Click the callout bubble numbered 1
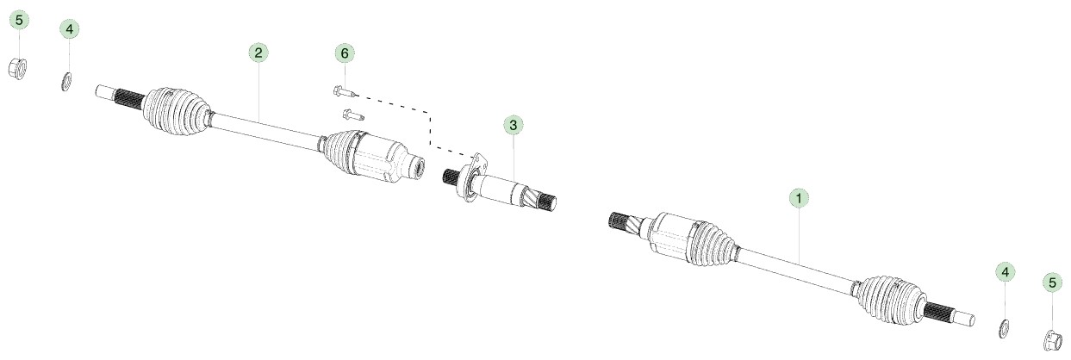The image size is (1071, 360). pos(799,197)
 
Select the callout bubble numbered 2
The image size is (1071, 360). pos(258,53)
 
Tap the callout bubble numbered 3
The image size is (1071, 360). pos(513,125)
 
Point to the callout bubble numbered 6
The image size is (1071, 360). pos(345,53)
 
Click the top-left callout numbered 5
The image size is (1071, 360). pos(19,20)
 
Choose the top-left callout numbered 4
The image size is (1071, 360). pos(69,29)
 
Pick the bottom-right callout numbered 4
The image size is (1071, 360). pos(1005,272)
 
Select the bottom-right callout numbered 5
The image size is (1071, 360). pos(1052,282)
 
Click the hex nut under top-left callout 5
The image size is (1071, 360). pos(18,68)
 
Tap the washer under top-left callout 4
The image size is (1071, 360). pos(67,81)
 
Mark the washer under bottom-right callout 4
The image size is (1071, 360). pos(1004,328)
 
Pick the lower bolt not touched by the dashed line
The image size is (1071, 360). pos(353,115)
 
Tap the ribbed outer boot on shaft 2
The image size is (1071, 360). pos(176,111)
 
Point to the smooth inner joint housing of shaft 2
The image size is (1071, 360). pos(383,158)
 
